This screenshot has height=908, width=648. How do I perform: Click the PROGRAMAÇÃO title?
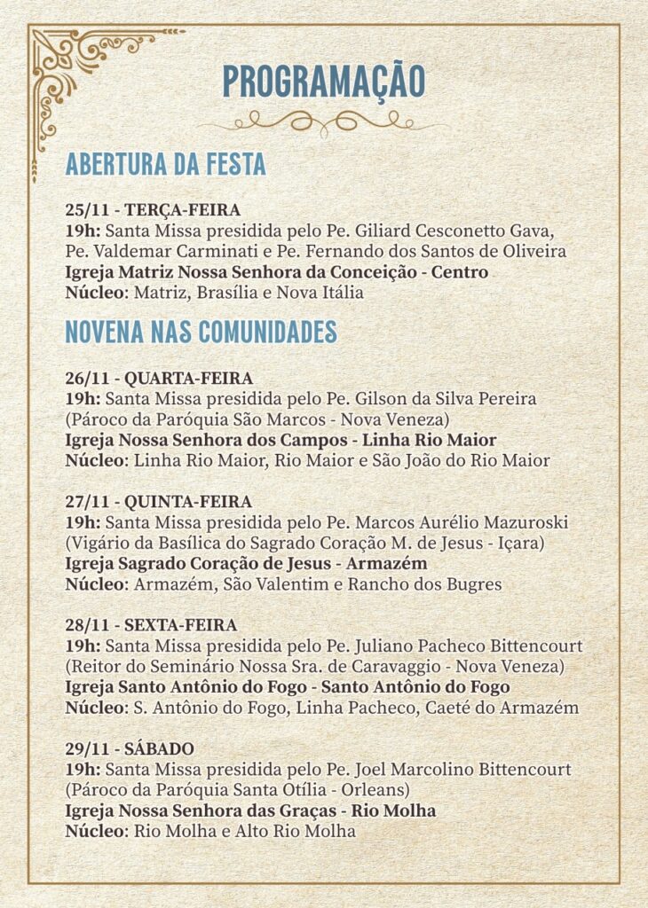[x=324, y=82]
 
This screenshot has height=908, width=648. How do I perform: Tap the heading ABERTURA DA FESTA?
[x=165, y=165]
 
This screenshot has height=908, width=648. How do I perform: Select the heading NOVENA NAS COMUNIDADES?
[x=201, y=332]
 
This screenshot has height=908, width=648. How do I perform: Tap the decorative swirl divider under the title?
[x=324, y=121]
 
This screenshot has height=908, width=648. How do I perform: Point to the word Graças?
[x=310, y=811]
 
